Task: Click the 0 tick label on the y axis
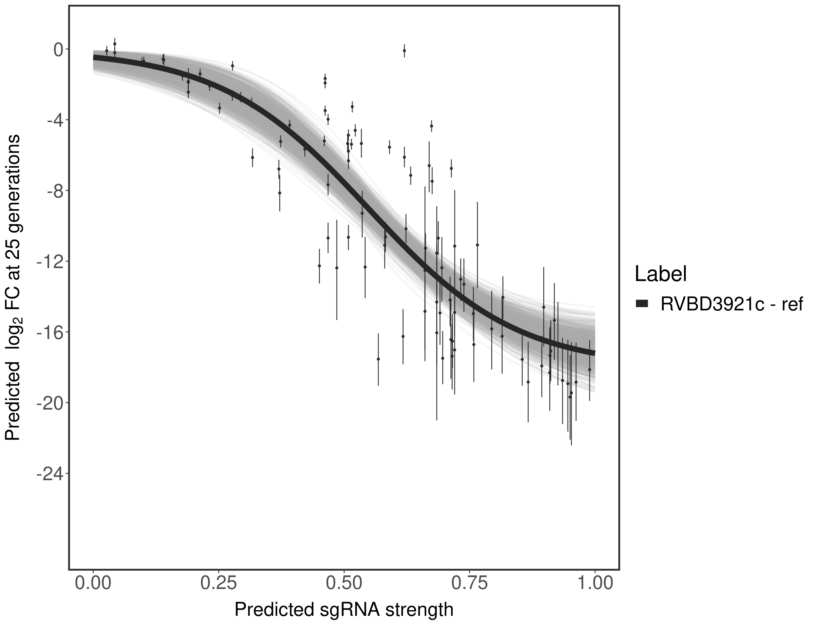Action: point(58,50)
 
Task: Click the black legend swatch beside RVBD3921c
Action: point(642,304)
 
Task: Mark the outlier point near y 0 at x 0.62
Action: point(404,51)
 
